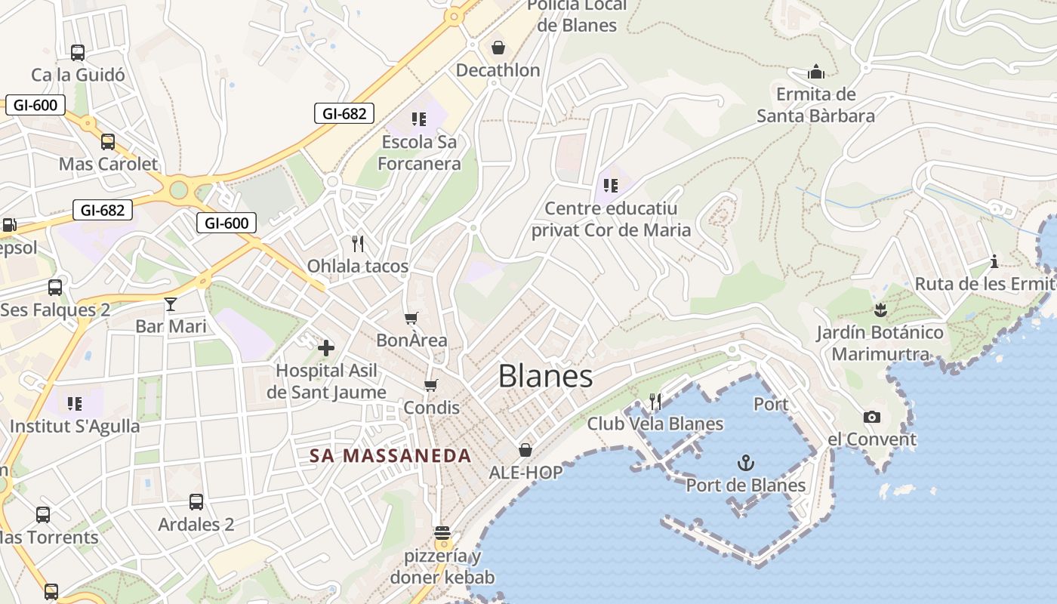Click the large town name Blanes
click(545, 376)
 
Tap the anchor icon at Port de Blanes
click(746, 462)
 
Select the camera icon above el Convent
click(872, 417)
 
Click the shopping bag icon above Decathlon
click(498, 48)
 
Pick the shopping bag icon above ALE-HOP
click(525, 450)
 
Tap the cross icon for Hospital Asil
click(326, 348)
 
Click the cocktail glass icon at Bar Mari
click(171, 304)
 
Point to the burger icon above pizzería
click(442, 534)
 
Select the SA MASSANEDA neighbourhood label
click(390, 456)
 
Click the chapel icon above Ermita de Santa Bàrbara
click(816, 72)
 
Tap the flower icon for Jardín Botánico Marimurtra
click(880, 310)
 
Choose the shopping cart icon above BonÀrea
click(411, 318)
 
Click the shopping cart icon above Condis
click(431, 386)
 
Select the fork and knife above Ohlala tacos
click(358, 243)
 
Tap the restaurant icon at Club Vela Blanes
click(655, 401)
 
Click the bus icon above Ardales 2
click(196, 501)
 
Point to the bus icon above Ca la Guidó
click(78, 52)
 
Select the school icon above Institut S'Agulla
click(74, 403)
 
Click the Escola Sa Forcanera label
click(419, 153)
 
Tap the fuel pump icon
click(9, 224)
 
